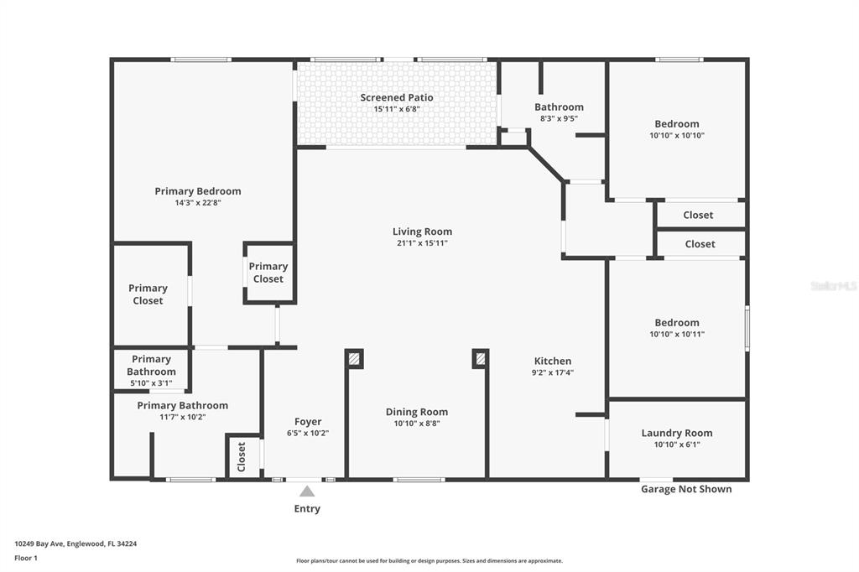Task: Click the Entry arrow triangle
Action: [x=307, y=491]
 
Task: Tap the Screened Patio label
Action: [x=397, y=97]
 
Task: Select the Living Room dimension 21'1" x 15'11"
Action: [x=422, y=243]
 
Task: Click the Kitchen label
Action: [x=553, y=361]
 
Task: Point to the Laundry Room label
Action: [x=676, y=433]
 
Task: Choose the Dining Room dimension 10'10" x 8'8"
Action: [x=416, y=424]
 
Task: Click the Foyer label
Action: [x=307, y=421]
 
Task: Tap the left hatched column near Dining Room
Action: [x=354, y=359]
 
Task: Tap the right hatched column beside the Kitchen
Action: [x=480, y=359]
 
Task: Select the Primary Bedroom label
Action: [x=197, y=191]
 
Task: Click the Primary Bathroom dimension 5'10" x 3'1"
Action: [x=151, y=383]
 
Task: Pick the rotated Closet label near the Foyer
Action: [x=242, y=456]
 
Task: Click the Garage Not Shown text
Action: [x=685, y=489]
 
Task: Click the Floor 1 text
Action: [x=26, y=558]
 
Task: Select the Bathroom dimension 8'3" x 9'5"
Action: [x=559, y=118]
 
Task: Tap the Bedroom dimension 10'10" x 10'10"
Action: [x=676, y=135]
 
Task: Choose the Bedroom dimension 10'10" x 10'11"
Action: [x=676, y=334]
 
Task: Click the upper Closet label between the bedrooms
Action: [x=698, y=215]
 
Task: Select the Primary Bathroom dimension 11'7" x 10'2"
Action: [x=182, y=417]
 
